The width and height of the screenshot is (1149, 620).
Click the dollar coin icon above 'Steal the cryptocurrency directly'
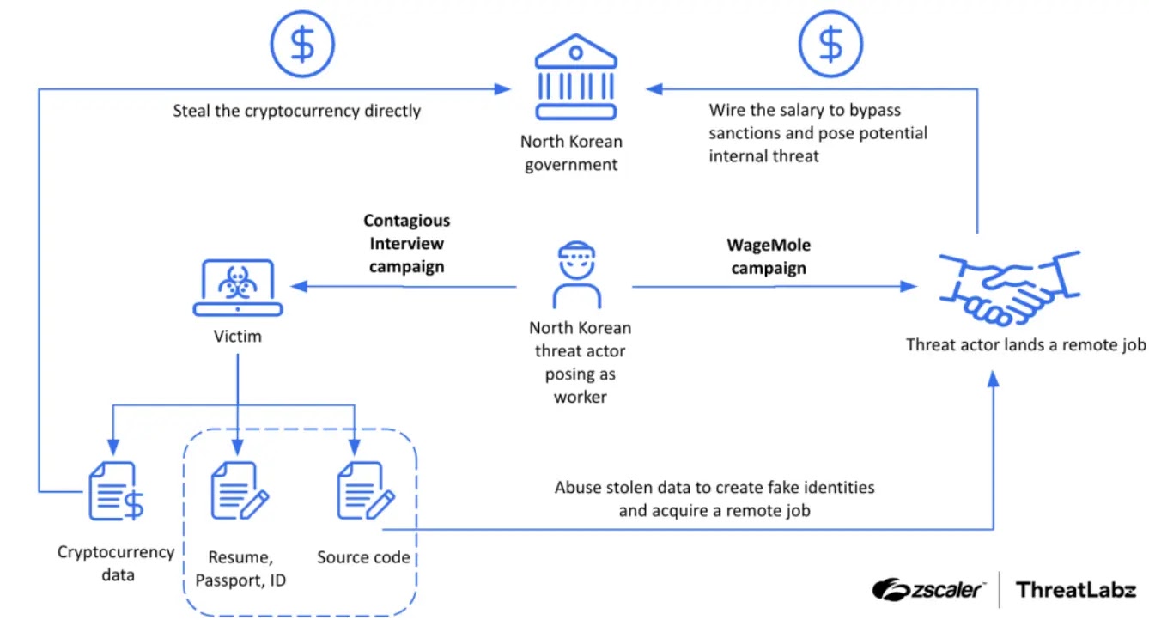click(302, 44)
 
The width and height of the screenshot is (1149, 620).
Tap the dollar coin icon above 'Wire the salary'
click(830, 44)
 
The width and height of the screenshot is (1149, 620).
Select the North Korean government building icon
click(575, 77)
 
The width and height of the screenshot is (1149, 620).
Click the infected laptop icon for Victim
click(238, 287)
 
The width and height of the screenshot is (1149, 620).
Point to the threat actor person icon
click(576, 275)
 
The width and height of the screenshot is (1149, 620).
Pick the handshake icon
click(1009, 289)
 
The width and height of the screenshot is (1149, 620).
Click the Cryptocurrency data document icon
click(116, 491)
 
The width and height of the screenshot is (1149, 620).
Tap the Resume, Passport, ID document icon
click(240, 491)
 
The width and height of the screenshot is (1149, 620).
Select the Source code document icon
click(366, 491)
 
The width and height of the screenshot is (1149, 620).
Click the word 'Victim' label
click(238, 337)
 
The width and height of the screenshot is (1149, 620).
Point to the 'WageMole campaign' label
click(769, 257)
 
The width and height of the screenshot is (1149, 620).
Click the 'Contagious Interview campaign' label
click(407, 244)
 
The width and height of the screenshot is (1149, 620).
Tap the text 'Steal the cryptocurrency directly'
click(296, 111)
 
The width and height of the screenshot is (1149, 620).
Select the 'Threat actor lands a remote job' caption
click(1025, 344)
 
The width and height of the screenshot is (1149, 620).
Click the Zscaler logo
click(928, 589)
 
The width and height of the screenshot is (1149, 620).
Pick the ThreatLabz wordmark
click(1076, 590)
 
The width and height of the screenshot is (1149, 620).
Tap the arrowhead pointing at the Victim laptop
click(299, 286)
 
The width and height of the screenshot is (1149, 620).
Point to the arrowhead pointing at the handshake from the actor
click(909, 286)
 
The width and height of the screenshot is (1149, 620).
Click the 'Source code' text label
click(363, 557)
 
